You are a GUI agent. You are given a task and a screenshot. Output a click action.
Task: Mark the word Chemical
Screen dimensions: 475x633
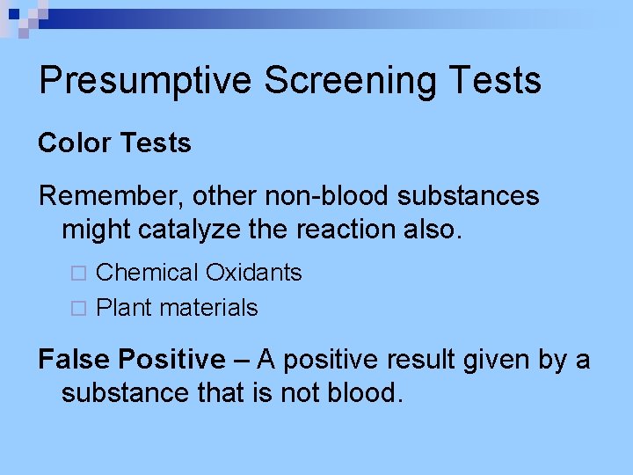148,273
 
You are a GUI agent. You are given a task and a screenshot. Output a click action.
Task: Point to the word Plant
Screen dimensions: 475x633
122,308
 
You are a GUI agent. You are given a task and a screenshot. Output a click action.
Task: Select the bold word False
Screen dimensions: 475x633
75,359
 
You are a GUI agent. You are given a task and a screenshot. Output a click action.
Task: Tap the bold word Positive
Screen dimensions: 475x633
171,359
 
